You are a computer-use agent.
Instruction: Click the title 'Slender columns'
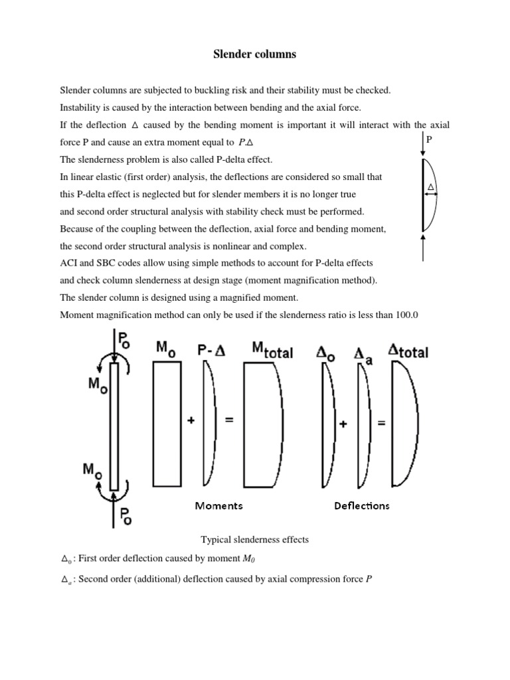coord(254,54)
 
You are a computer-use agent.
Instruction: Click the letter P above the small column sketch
coord(430,141)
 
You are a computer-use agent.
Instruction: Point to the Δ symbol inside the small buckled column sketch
coord(431,189)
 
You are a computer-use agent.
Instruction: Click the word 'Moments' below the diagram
coord(218,506)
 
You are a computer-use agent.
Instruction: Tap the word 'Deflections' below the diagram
coord(361,506)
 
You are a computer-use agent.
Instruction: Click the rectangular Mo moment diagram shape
coord(166,427)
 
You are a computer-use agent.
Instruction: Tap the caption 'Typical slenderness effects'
coord(254,540)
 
